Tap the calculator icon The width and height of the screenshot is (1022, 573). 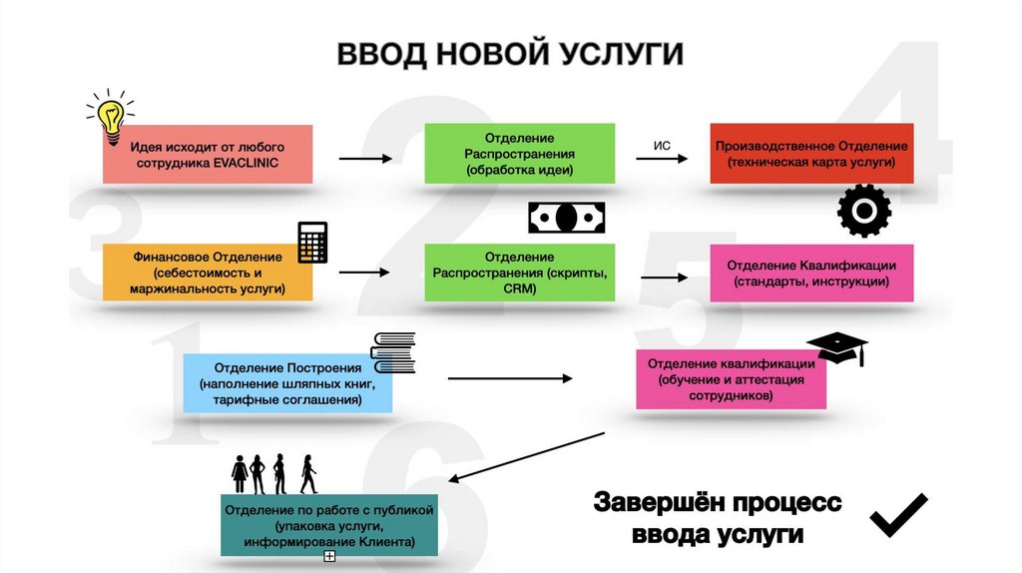coord(313,242)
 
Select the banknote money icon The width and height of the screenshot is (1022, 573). coord(566,218)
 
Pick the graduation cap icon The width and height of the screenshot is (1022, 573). coord(837,347)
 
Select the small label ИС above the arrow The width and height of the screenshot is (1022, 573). coord(661,146)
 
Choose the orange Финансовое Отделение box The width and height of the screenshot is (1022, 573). coord(208,273)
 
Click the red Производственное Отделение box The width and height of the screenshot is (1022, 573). coord(811,153)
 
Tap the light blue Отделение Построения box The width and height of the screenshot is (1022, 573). coord(287,383)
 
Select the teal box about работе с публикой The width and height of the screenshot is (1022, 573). coord(329,525)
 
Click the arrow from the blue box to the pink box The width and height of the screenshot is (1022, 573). coord(509,378)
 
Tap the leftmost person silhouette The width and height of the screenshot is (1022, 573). coord(240,473)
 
